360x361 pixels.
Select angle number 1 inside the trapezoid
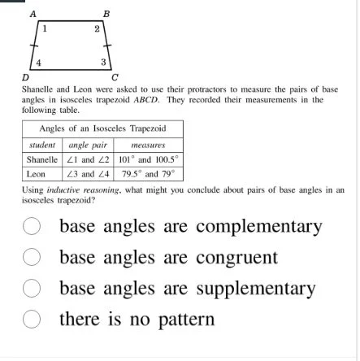[x=44, y=28]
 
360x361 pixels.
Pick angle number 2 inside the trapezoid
[x=97, y=28]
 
